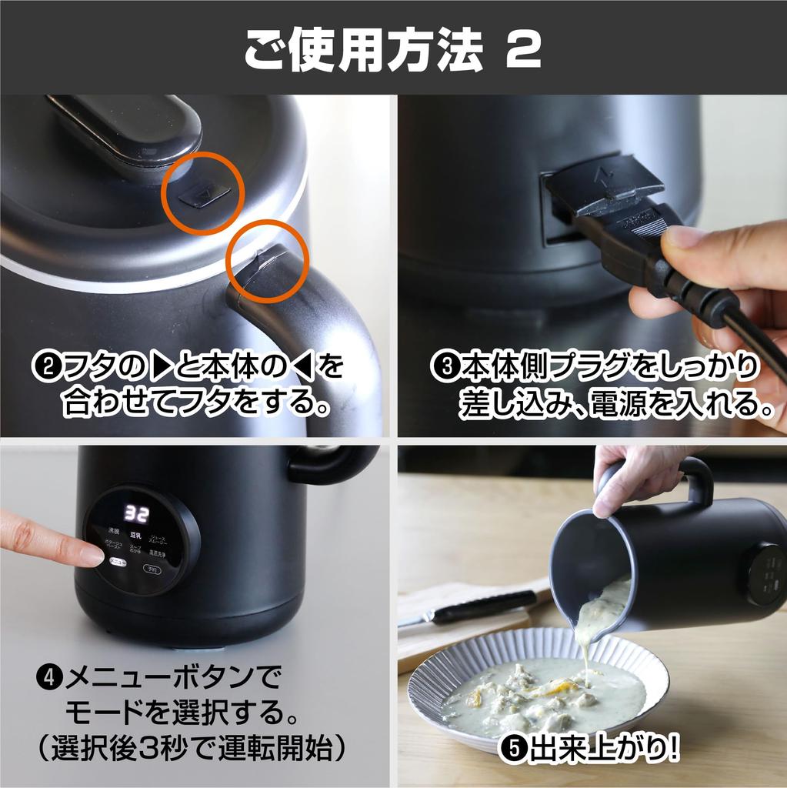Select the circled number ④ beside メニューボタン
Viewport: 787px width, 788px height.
pos(49,679)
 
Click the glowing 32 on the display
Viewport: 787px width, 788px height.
pos(137,513)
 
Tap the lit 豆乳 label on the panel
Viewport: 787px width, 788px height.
pos(134,534)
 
